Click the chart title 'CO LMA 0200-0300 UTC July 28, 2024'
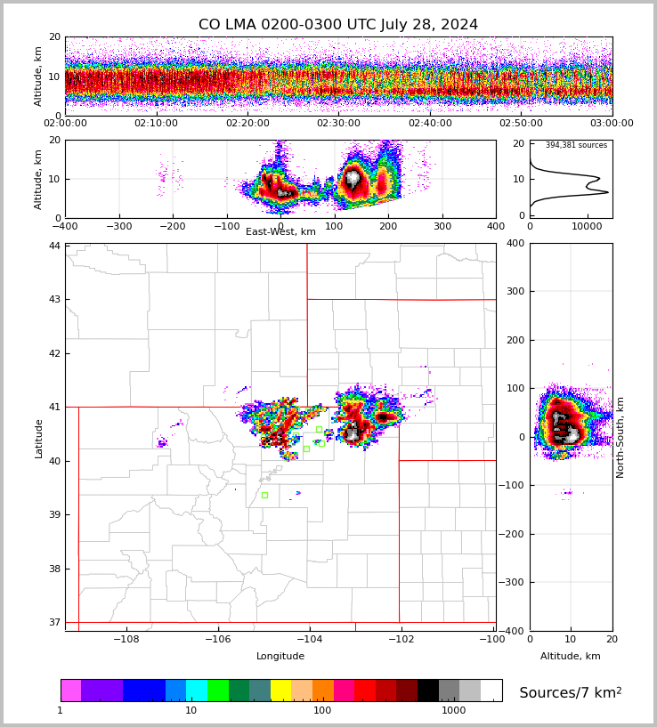click(x=337, y=25)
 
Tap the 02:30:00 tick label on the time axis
click(x=338, y=124)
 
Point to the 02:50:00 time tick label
click(x=521, y=124)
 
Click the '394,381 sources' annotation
click(x=576, y=145)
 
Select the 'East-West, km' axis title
click(x=280, y=232)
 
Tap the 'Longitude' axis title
click(x=280, y=657)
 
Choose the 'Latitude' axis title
click(x=39, y=438)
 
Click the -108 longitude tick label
click(x=126, y=639)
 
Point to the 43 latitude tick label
click(x=54, y=299)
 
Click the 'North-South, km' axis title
click(x=620, y=437)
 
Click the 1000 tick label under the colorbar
click(x=453, y=711)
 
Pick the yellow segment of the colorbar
click(x=280, y=691)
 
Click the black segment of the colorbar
click(x=428, y=691)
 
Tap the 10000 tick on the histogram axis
click(x=587, y=227)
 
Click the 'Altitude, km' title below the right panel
click(x=570, y=657)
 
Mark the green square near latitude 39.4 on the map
click(x=264, y=495)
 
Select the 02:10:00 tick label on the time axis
click(x=156, y=124)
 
